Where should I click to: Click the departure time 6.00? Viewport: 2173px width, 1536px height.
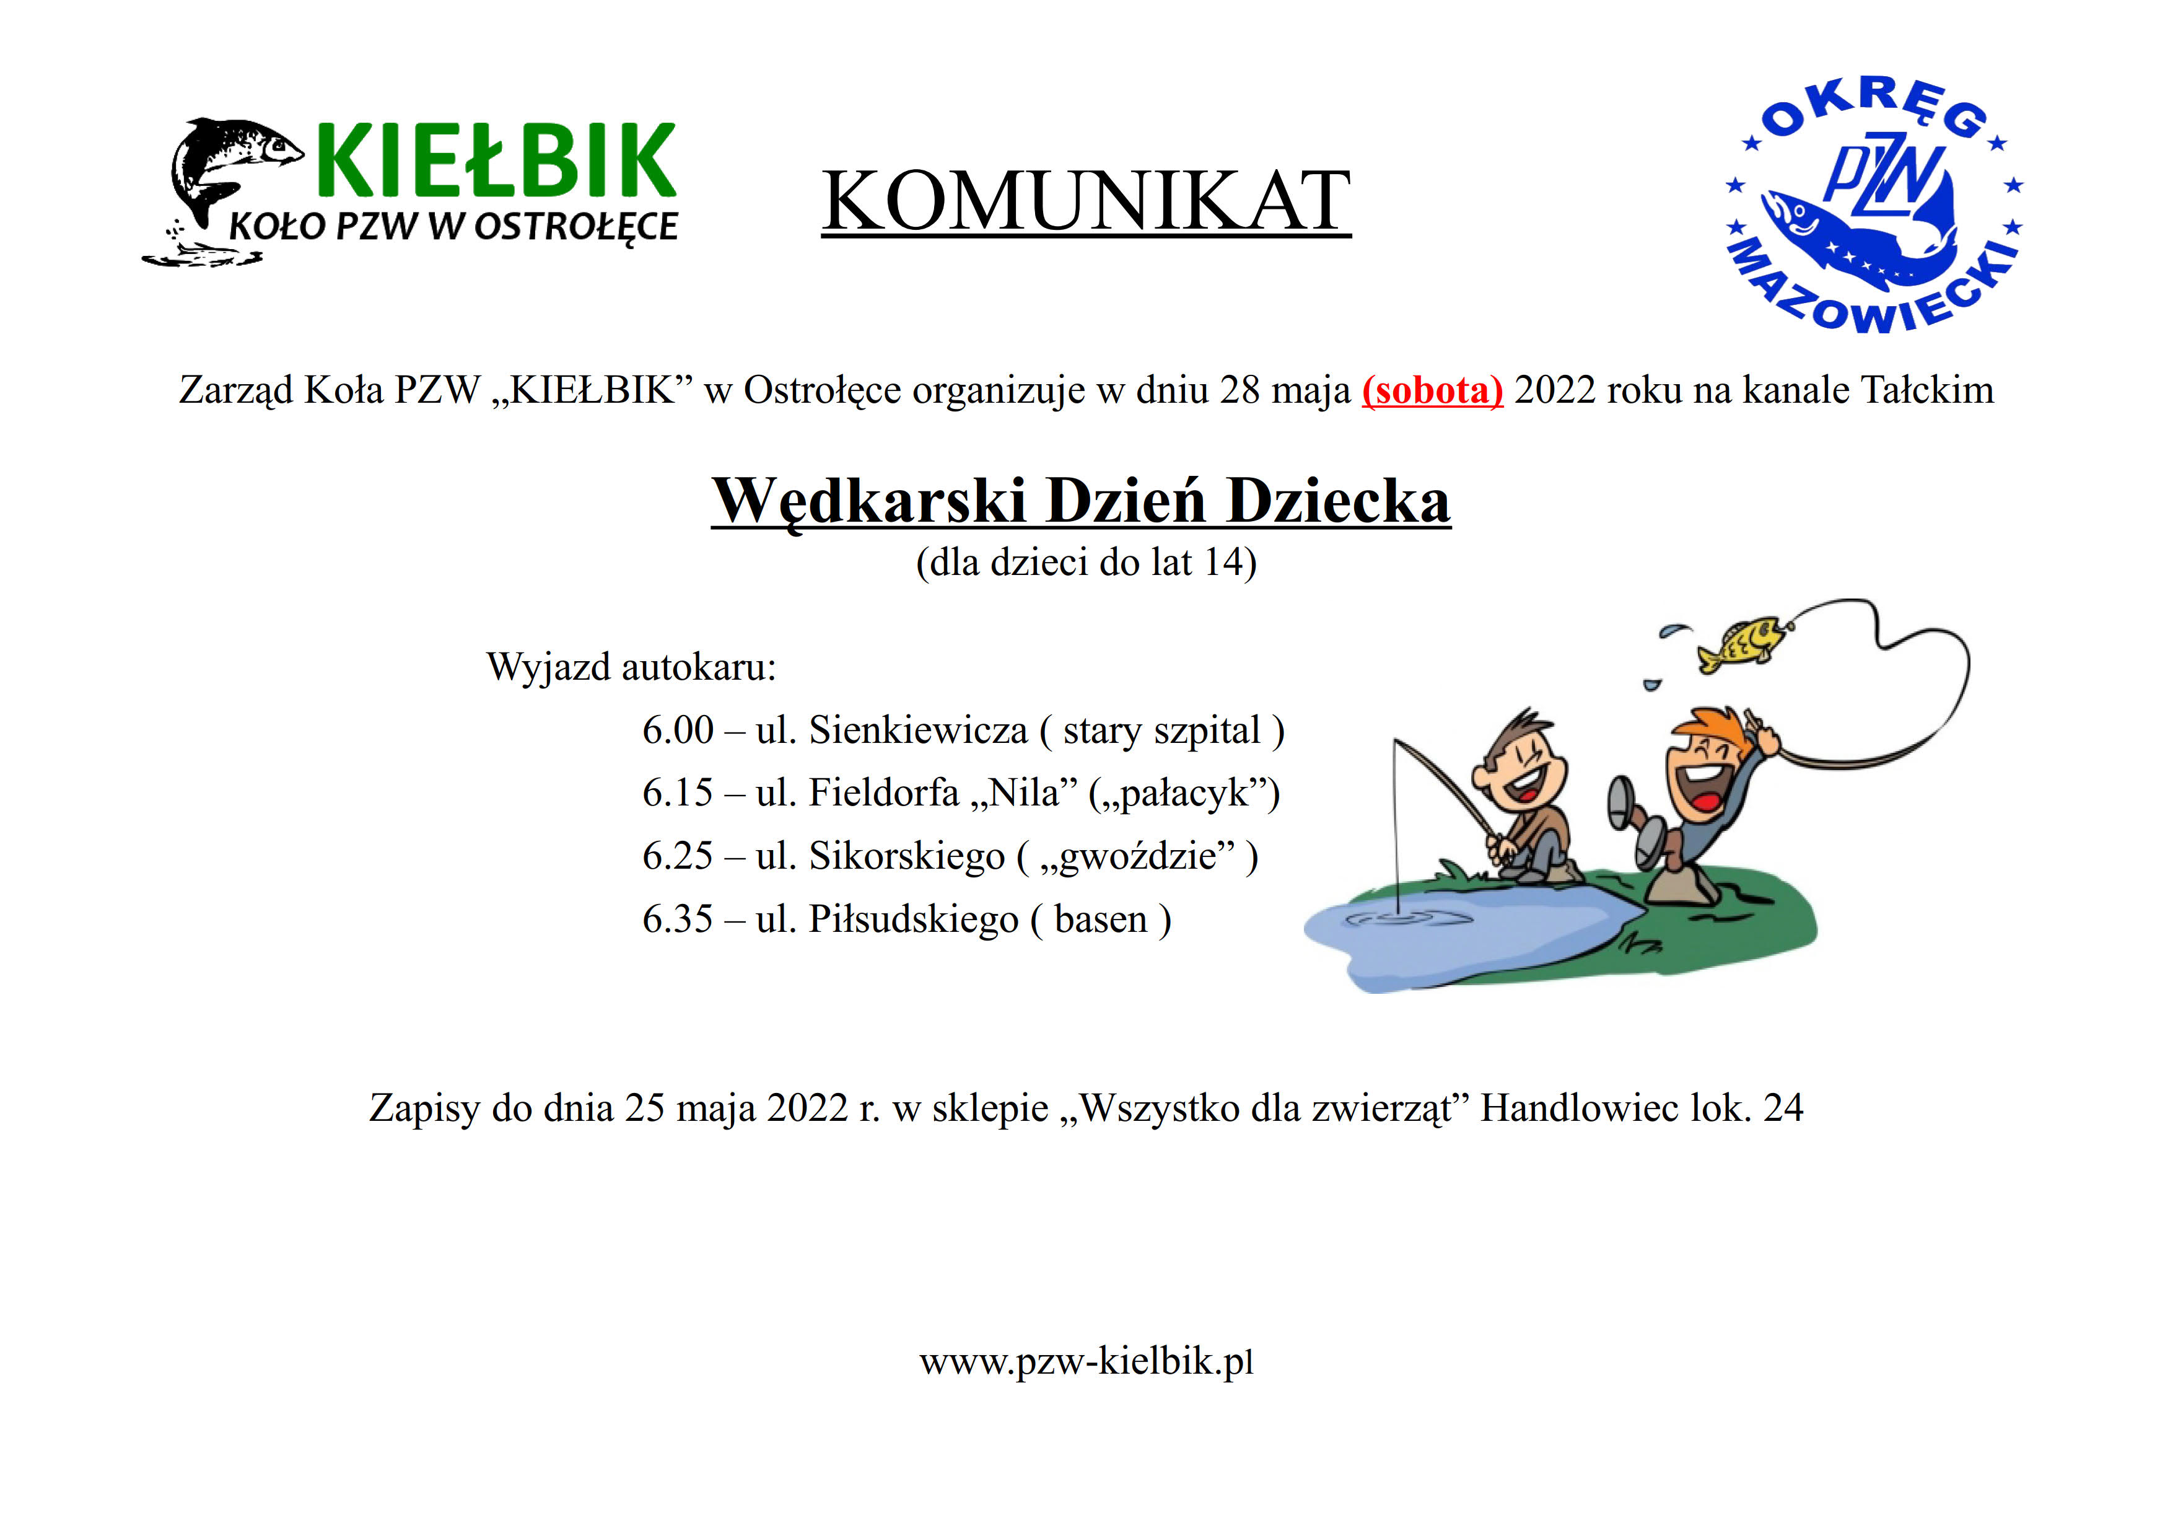point(678,731)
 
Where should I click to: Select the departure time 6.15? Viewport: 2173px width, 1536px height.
point(678,793)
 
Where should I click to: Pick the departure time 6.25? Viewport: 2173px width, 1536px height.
point(678,856)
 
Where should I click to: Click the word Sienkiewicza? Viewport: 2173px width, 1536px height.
point(918,731)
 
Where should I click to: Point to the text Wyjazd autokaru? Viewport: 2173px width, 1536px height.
point(631,668)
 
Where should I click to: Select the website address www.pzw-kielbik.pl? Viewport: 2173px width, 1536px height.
point(1086,1363)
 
